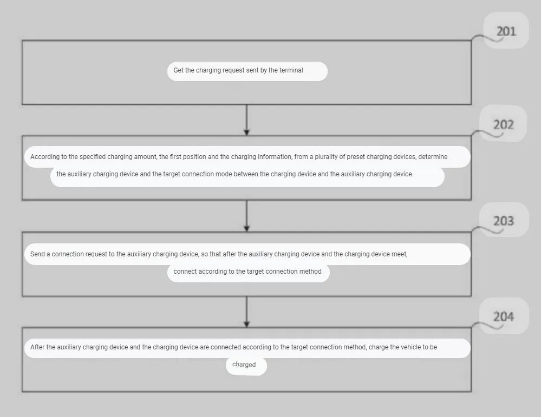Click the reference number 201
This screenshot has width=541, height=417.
pyautogui.click(x=506, y=31)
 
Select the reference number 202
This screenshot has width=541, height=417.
pyautogui.click(x=504, y=124)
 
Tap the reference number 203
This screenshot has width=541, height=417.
pyautogui.click(x=504, y=221)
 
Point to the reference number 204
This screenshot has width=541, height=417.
pyautogui.click(x=504, y=316)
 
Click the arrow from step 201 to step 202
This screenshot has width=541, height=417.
pyautogui.click(x=246, y=120)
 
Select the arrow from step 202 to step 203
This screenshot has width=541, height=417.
pyautogui.click(x=246, y=216)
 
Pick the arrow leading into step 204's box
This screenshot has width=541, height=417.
pyautogui.click(x=246, y=312)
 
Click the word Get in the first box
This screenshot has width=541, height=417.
pyautogui.click(x=178, y=70)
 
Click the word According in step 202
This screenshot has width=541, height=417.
pyautogui.click(x=45, y=157)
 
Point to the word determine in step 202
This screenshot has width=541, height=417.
pyautogui.click(x=433, y=157)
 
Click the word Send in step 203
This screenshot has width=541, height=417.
pyautogui.click(x=37, y=254)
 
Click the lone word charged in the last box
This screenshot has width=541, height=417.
pyautogui.click(x=244, y=365)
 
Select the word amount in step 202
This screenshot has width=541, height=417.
pyautogui.click(x=146, y=157)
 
